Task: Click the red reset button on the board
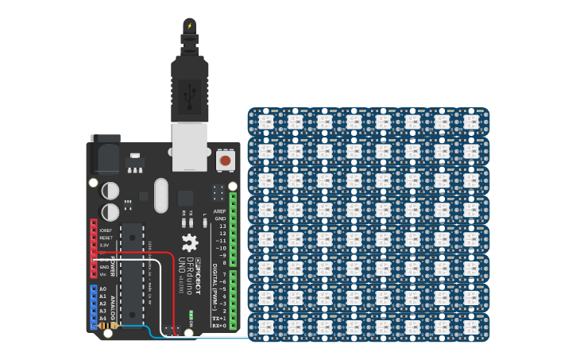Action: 225,161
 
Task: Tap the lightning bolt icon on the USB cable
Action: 189,26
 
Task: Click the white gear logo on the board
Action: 189,242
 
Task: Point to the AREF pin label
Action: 219,211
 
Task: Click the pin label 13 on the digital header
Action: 222,226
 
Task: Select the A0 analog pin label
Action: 102,289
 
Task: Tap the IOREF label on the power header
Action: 106,230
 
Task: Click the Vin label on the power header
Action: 103,274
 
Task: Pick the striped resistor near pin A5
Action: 109,326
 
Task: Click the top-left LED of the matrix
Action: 265,122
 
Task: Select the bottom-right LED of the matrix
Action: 471,327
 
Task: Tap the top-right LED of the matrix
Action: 471,122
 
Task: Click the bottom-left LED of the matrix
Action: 265,327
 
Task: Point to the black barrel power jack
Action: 105,154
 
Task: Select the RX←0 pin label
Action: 218,325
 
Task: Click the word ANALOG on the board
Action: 112,306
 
